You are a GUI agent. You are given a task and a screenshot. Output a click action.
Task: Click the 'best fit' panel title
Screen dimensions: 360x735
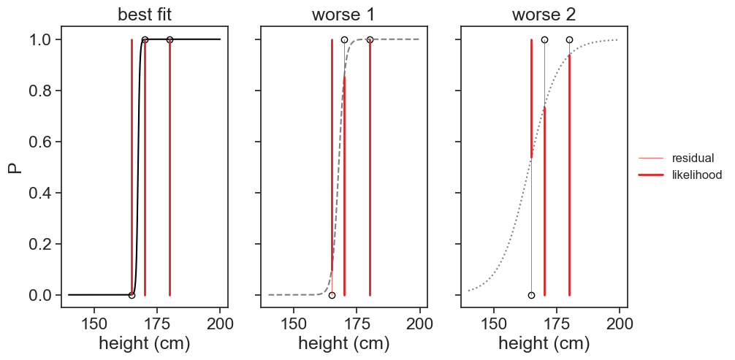point(144,15)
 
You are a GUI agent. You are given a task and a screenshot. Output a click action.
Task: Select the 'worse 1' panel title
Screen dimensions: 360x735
point(344,15)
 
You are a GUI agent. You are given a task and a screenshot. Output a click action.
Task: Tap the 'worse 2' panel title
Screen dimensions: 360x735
point(544,15)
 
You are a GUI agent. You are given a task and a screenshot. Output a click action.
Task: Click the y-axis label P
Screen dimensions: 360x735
point(14,167)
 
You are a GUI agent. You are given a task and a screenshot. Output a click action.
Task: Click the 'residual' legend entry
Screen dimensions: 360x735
point(693,158)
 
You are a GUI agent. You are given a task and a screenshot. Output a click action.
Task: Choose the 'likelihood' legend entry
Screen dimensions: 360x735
point(697,175)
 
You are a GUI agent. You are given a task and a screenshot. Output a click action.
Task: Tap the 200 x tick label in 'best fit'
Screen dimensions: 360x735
point(220,322)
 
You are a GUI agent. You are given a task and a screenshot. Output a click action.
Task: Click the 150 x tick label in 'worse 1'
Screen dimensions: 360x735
point(294,322)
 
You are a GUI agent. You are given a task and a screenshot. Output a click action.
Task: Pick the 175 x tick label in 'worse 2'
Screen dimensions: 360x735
point(557,322)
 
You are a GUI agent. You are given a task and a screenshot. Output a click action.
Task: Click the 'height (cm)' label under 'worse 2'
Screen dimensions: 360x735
point(544,344)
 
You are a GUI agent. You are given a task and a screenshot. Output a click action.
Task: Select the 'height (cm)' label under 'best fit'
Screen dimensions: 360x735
point(144,344)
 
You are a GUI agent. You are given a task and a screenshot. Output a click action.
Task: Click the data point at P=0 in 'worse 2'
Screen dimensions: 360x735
point(531,295)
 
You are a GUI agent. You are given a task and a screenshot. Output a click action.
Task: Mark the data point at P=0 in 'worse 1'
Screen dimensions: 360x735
point(332,295)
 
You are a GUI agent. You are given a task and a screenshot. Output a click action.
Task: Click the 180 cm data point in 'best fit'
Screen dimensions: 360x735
point(170,39)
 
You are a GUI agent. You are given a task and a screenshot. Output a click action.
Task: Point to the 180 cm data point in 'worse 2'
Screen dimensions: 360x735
point(569,39)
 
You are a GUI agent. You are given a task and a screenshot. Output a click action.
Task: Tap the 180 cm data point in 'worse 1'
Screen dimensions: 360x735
point(370,39)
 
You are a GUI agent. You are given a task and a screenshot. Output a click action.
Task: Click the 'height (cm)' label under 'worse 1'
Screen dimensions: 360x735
point(344,344)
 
